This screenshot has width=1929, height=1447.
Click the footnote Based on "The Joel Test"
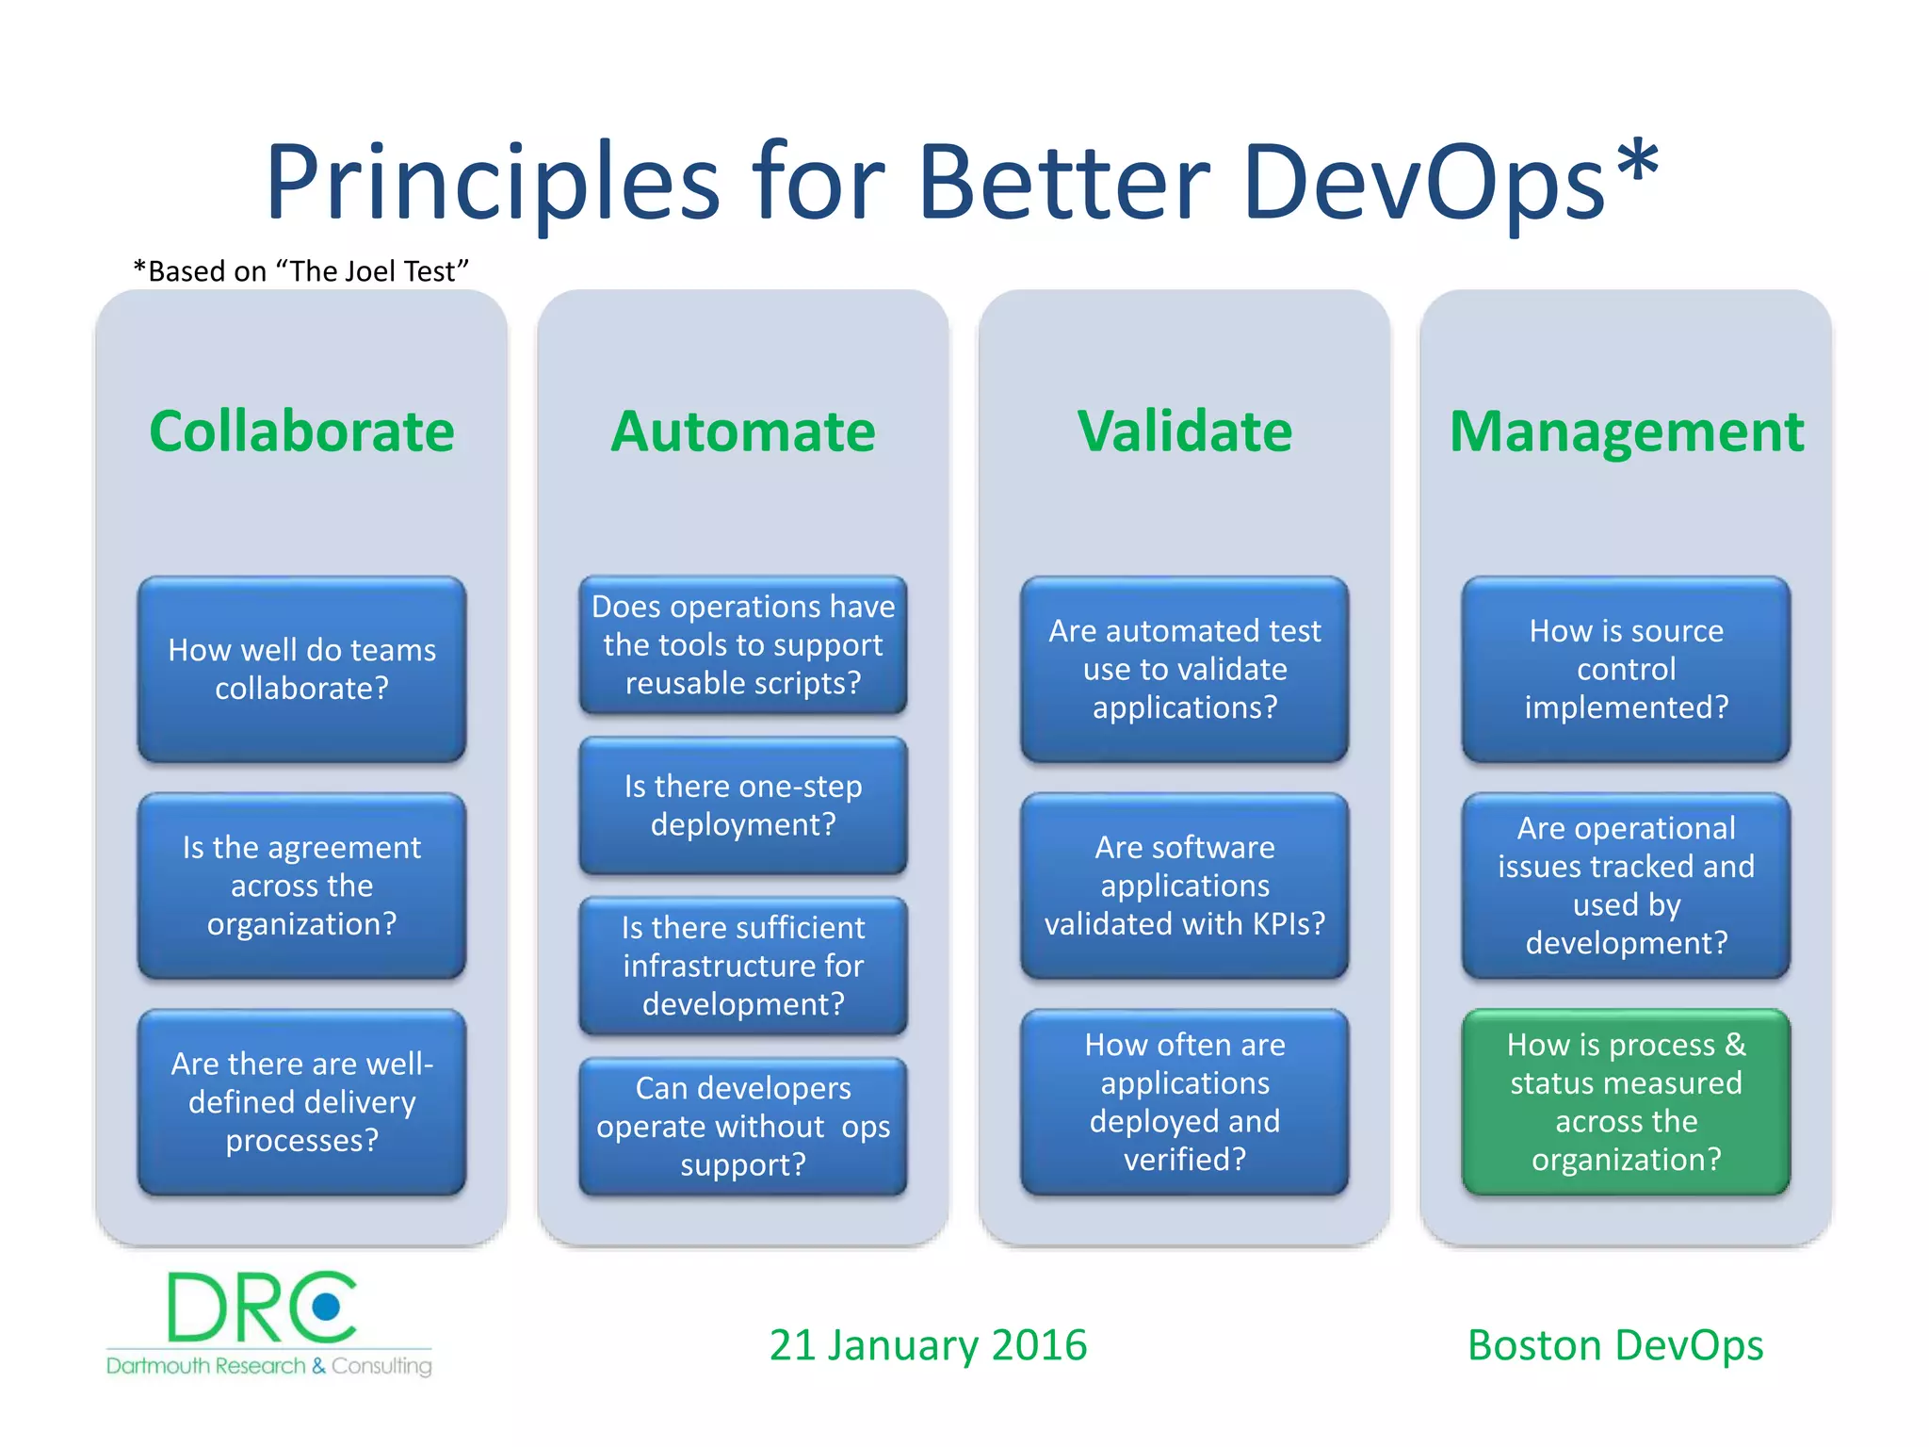coord(301,271)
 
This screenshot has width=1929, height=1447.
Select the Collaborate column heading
coord(301,431)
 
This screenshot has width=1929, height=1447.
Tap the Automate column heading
coord(742,431)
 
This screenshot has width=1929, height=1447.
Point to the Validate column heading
coord(1184,431)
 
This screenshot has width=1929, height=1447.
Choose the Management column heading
coord(1626,431)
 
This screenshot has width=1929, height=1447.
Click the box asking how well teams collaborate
coord(301,669)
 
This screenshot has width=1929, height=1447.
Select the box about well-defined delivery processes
coord(301,1101)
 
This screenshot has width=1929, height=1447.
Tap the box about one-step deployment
coord(742,805)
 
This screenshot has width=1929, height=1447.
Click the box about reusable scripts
coord(742,644)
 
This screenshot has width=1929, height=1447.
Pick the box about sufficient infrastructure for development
coord(742,966)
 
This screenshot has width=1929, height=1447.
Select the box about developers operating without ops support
coord(742,1126)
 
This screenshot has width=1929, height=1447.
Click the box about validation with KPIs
coord(1184,886)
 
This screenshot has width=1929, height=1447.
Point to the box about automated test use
coord(1184,669)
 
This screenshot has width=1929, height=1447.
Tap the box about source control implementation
coord(1626,669)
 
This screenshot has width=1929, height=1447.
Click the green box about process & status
coord(1626,1101)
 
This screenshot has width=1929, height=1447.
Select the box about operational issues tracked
coord(1626,886)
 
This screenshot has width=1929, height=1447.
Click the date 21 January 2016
coord(928,1345)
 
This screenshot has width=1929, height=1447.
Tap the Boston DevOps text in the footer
coord(1614,1345)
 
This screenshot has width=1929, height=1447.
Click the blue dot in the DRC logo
coord(327,1306)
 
